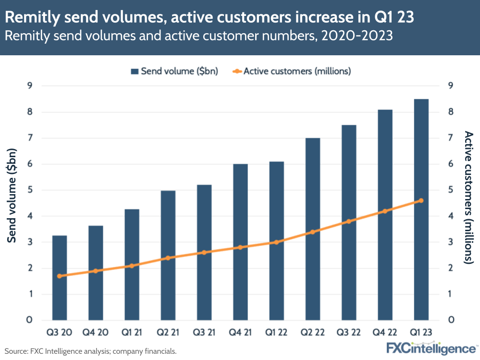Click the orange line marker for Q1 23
421,200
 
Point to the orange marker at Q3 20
60,276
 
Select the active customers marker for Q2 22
313,232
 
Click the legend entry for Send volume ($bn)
174,71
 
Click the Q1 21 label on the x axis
132,332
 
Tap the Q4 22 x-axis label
385,332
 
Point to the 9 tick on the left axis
30,86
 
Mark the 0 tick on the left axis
30,320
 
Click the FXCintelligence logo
431,348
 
